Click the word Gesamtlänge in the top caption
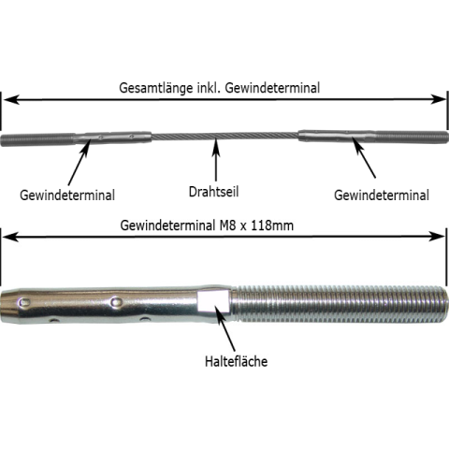(156, 88)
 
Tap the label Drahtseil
(213, 191)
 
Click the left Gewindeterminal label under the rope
(67, 196)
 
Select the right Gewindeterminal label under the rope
(382, 196)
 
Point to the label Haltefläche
(237, 361)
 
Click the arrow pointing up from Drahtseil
(216, 161)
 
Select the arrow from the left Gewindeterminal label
(80, 163)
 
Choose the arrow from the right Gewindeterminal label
(364, 157)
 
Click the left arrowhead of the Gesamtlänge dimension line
(10, 100)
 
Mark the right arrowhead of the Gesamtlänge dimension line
(439, 100)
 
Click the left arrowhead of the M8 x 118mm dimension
(10, 237)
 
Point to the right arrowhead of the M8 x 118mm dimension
(437, 237)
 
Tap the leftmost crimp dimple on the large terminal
(24, 301)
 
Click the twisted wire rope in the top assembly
(224, 135)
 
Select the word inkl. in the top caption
(209, 88)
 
